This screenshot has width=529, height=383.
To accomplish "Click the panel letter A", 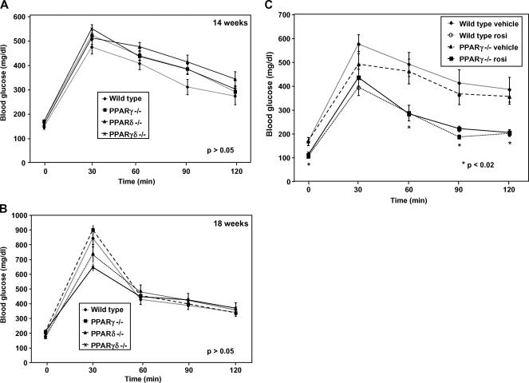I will coord(6,6).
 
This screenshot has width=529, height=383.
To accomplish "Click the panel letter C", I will coord(275,6).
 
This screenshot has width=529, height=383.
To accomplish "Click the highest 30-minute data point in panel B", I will coord(93,231).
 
